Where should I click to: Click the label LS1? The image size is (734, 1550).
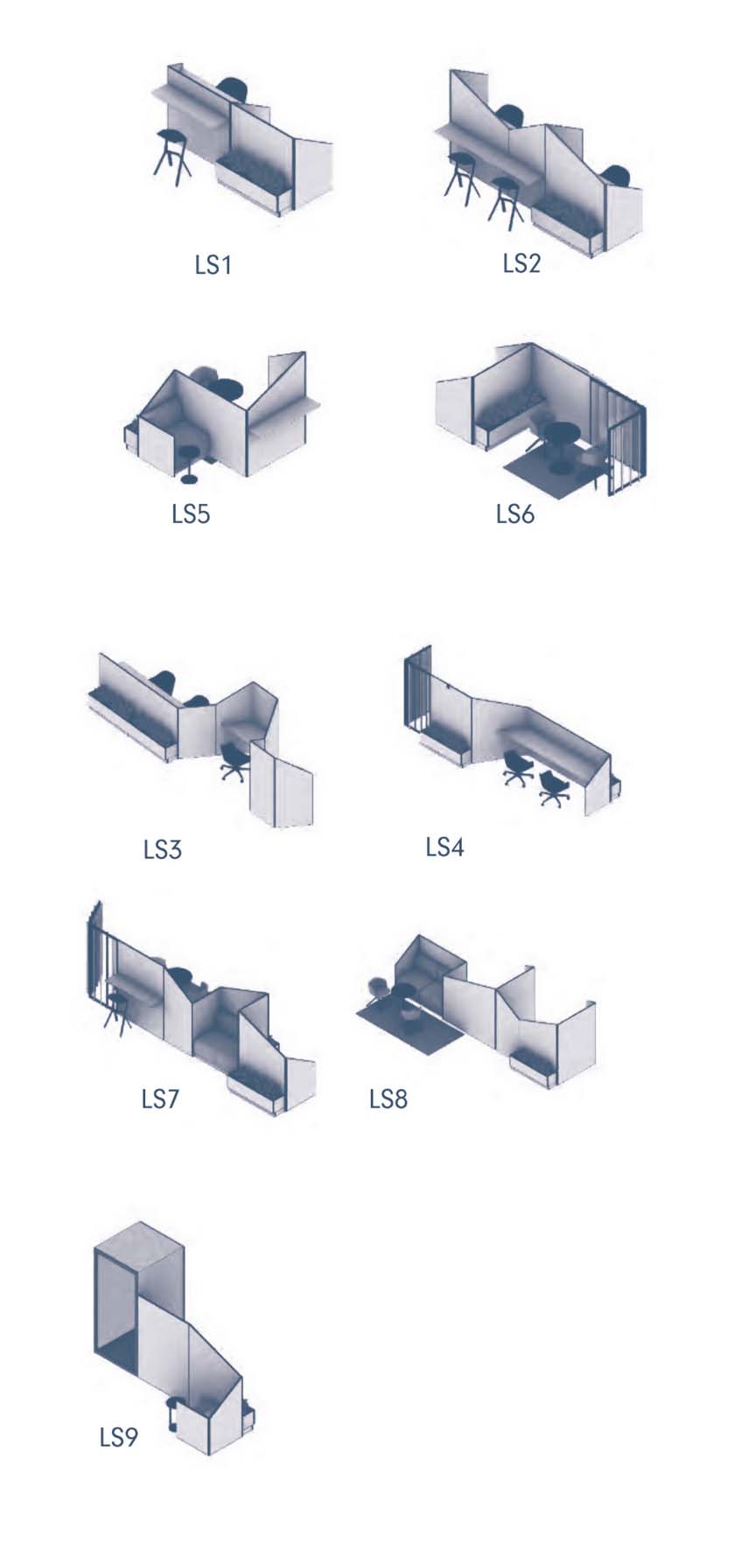point(213,264)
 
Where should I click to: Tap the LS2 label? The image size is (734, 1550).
point(521,262)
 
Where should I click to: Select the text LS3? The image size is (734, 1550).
point(162,848)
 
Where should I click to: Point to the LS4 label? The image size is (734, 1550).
point(444,846)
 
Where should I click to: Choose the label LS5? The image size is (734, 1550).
point(191,513)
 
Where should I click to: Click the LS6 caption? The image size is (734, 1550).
point(514,513)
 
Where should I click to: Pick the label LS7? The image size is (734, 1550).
point(160,1098)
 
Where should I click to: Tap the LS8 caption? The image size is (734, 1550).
point(388,1099)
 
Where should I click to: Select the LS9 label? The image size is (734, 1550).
point(118,1437)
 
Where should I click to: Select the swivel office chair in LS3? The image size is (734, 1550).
point(234,761)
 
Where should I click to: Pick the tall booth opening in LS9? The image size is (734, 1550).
point(115,1307)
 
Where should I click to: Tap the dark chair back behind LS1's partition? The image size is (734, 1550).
point(234,88)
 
